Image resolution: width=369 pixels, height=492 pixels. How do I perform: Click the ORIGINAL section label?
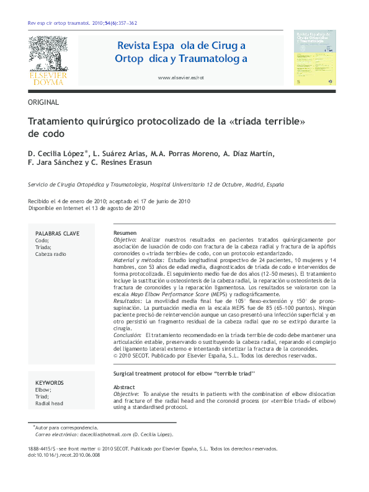pyautogui.click(x=44, y=102)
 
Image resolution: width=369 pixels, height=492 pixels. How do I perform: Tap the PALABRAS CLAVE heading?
pyautogui.click(x=58, y=234)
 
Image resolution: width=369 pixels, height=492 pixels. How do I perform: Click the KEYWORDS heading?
pyautogui.click(x=50, y=383)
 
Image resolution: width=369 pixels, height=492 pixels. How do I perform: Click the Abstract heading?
pyautogui.click(x=125, y=387)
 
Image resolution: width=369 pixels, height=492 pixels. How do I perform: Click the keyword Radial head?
pyautogui.click(x=50, y=403)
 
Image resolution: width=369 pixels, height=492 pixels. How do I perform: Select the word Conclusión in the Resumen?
pyautogui.click(x=128, y=335)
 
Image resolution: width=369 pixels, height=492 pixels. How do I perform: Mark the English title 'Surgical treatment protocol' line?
pyautogui.click(x=184, y=375)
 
